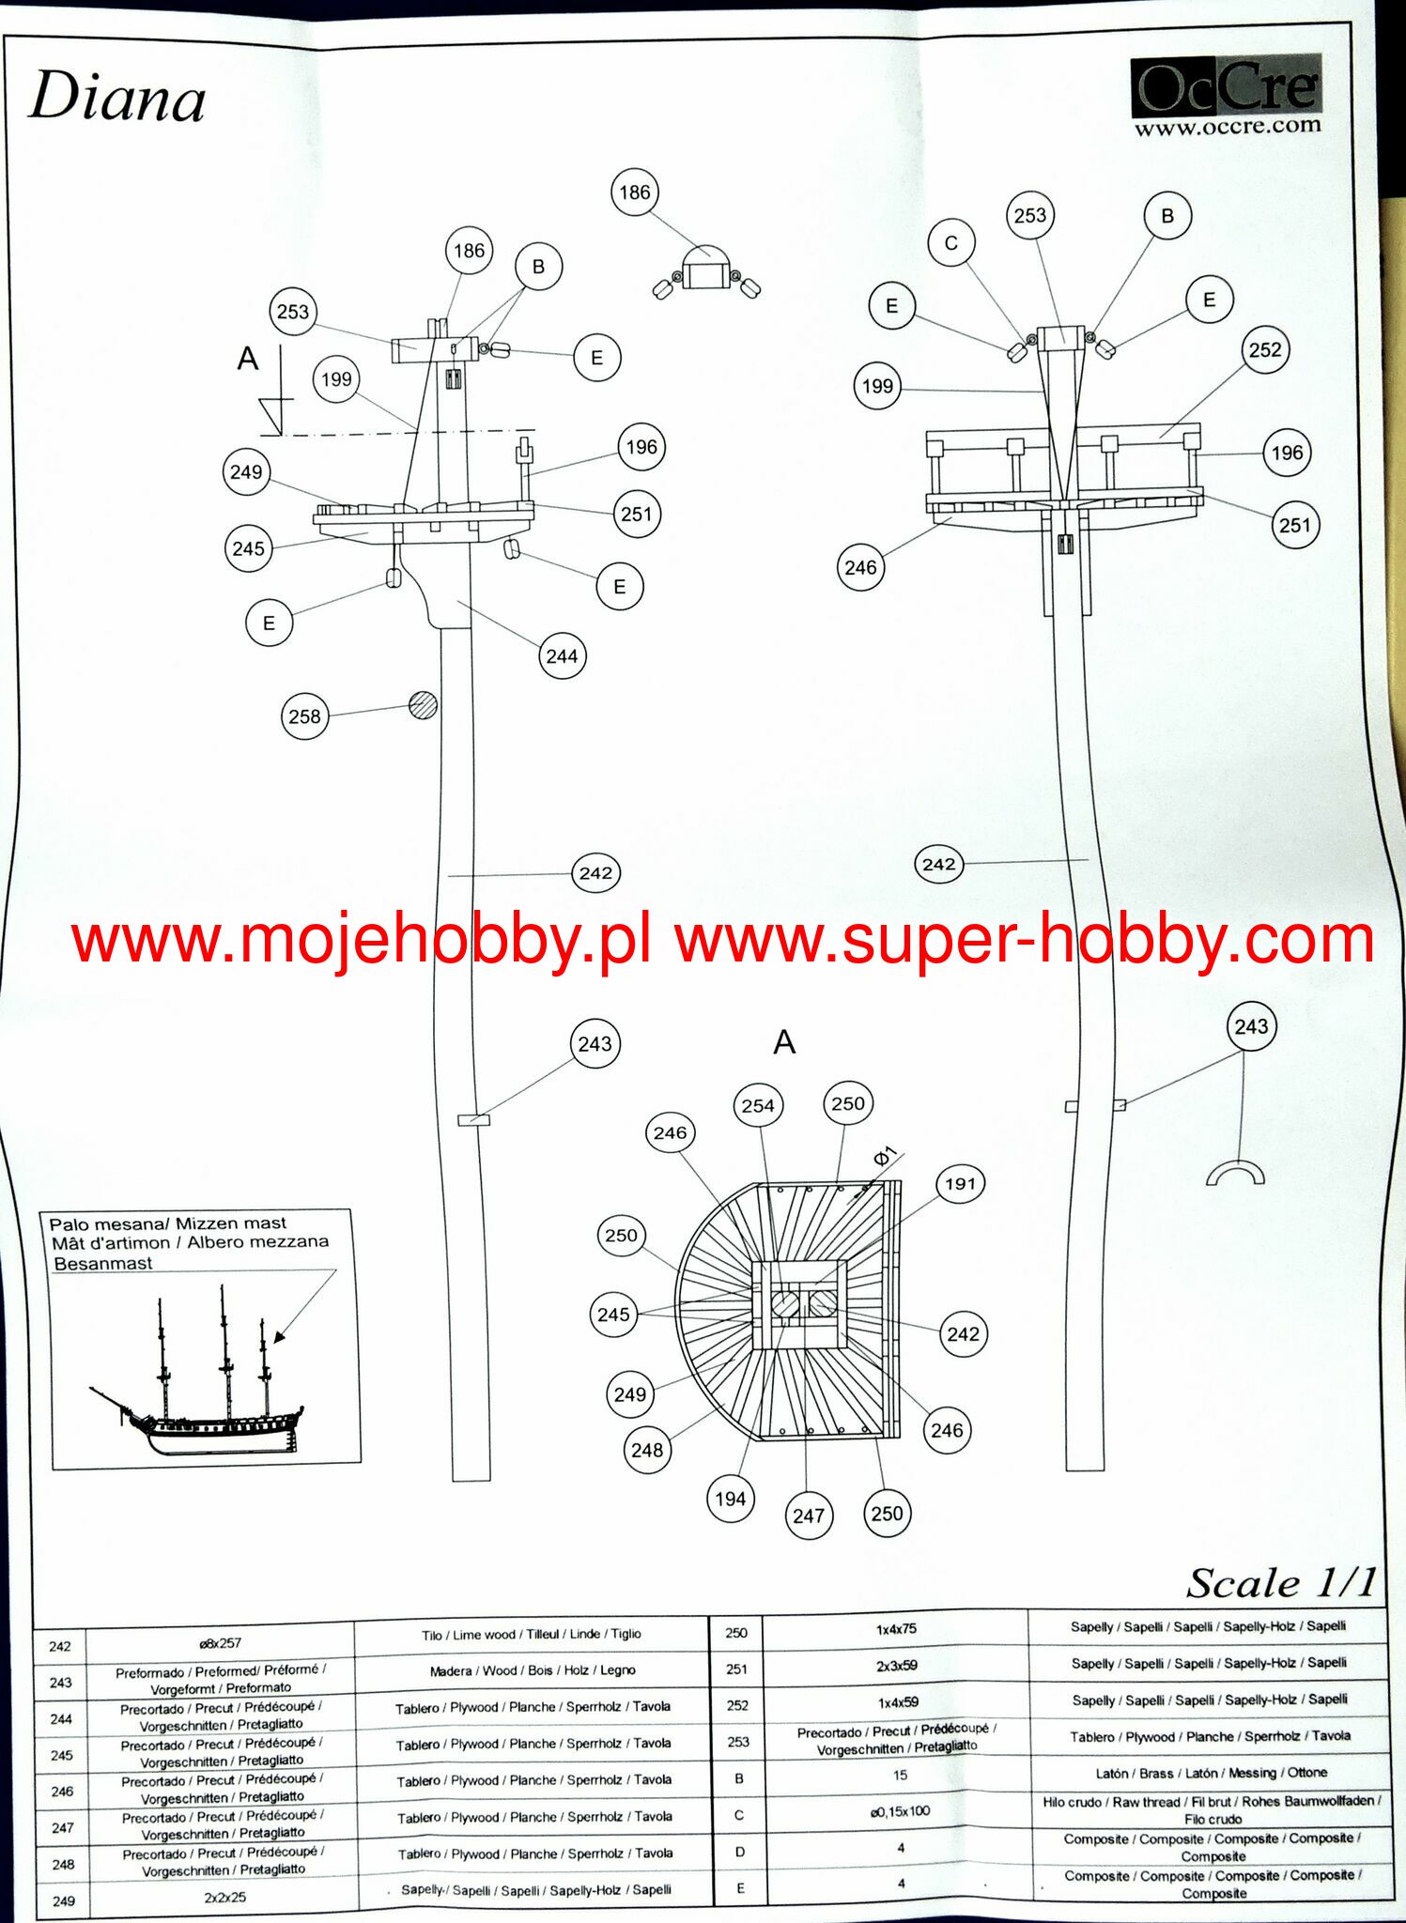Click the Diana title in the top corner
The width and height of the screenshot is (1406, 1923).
(x=117, y=98)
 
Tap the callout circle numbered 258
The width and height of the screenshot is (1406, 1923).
(x=304, y=716)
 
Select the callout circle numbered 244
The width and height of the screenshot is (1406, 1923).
(x=562, y=656)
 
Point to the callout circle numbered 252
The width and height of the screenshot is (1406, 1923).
(x=1264, y=350)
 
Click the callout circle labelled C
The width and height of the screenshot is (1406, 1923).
(x=950, y=243)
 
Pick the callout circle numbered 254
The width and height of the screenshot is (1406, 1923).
(x=757, y=1106)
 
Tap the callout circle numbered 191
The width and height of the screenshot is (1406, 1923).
(x=960, y=1184)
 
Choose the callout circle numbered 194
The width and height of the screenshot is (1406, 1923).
(x=730, y=1500)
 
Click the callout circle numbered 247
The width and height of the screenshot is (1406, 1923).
(x=808, y=1515)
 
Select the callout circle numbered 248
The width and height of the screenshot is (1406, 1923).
(x=647, y=1451)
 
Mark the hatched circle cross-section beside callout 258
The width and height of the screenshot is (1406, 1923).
(x=424, y=705)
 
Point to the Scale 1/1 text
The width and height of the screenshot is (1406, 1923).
(x=1280, y=1583)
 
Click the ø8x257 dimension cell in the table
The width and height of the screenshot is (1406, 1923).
(x=220, y=1643)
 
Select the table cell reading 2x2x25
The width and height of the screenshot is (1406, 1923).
(x=224, y=1897)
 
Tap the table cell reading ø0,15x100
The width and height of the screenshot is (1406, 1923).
(x=899, y=1811)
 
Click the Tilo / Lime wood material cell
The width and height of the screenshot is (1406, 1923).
(x=531, y=1635)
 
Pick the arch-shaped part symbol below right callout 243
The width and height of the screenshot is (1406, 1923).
(x=1235, y=1174)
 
